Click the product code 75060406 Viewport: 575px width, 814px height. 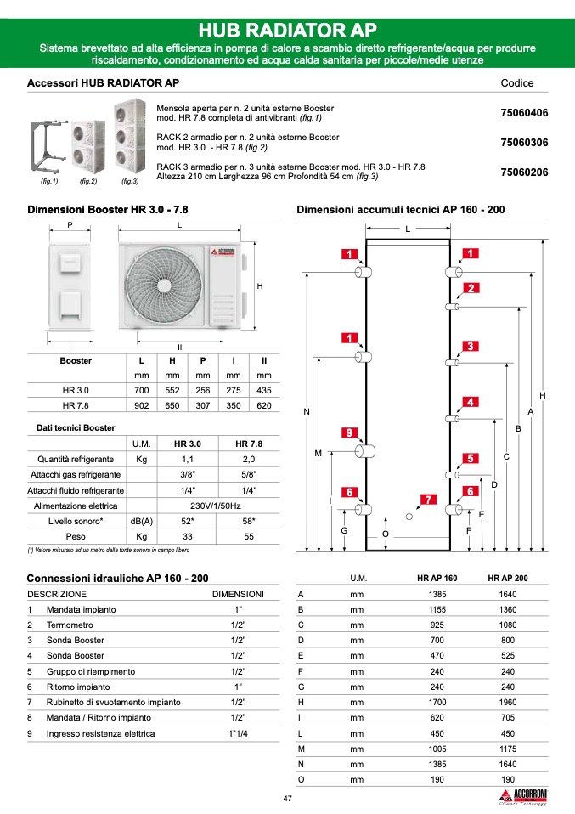coord(524,112)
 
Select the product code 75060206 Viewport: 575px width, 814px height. coord(524,172)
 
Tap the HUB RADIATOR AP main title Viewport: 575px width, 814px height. coord(287,31)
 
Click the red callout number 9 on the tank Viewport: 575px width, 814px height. coord(348,433)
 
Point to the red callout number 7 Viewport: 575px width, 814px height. coord(429,499)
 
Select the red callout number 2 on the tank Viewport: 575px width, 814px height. coord(470,288)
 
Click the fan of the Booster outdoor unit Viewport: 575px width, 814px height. coord(161,285)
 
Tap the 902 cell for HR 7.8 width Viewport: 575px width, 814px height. coord(142,405)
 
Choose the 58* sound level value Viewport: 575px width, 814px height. coord(249,521)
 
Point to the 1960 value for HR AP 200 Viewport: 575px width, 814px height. coord(508,702)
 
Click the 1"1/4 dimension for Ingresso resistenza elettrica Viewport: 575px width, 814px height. coord(238,732)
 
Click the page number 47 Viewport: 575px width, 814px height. coord(288,798)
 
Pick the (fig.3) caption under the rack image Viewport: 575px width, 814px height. coord(129,182)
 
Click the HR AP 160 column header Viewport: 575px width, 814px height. coord(437,578)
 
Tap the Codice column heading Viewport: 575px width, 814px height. coord(517,83)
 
